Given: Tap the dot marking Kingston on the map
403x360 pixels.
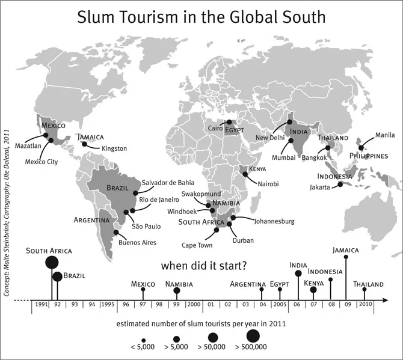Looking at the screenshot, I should [x=84, y=144].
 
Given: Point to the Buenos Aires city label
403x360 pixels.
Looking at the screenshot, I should [x=138, y=242].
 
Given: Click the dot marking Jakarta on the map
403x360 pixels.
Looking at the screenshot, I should [x=340, y=185].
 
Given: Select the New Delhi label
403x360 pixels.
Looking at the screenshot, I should [x=271, y=138].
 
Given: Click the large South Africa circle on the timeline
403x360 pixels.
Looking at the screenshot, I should [x=52, y=262].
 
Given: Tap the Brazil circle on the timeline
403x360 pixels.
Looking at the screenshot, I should [x=57, y=276].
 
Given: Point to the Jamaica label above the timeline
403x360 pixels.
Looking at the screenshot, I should [x=346, y=250].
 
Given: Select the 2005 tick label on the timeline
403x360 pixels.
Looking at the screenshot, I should [x=280, y=305].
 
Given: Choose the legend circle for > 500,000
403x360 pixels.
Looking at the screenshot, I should [x=252, y=335].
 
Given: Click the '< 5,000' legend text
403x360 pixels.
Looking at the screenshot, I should [x=143, y=347].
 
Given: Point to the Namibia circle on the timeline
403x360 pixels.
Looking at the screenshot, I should [x=177, y=291].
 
